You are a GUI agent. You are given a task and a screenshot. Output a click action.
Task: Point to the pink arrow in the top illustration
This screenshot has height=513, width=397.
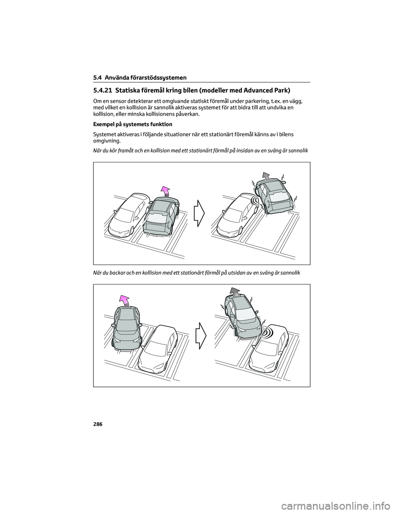pos(165,191)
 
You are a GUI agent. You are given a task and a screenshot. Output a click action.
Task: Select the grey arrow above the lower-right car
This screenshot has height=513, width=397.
pos(235,291)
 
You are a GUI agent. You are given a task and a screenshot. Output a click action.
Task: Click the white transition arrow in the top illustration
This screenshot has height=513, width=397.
pos(199,213)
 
